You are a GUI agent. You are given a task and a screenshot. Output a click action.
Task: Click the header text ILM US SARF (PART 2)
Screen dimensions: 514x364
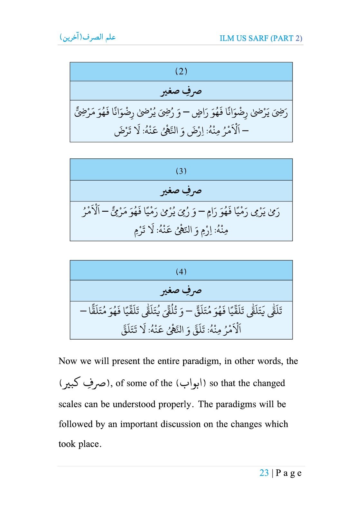[x=261, y=38]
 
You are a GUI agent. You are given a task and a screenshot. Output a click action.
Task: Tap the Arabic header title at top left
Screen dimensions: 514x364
[x=88, y=37]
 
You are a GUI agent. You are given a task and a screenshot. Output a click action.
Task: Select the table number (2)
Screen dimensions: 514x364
[x=181, y=71]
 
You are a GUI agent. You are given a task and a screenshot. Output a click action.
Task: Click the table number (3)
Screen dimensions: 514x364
[x=181, y=171]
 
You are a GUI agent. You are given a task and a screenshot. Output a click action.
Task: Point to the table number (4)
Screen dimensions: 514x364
[x=181, y=271]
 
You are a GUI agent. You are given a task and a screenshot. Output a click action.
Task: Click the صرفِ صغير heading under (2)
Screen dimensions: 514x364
[x=181, y=91]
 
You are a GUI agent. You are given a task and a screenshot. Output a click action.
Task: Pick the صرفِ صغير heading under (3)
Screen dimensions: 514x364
[x=181, y=191]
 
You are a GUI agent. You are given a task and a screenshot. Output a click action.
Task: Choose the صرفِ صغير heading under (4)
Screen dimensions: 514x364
[x=181, y=291]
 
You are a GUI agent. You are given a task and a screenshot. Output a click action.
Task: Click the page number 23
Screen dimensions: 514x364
[x=264, y=473]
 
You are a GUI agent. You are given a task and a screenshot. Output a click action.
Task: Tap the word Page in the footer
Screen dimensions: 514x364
[x=288, y=473]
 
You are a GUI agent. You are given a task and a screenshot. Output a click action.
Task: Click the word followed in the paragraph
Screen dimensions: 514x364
[x=76, y=424]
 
